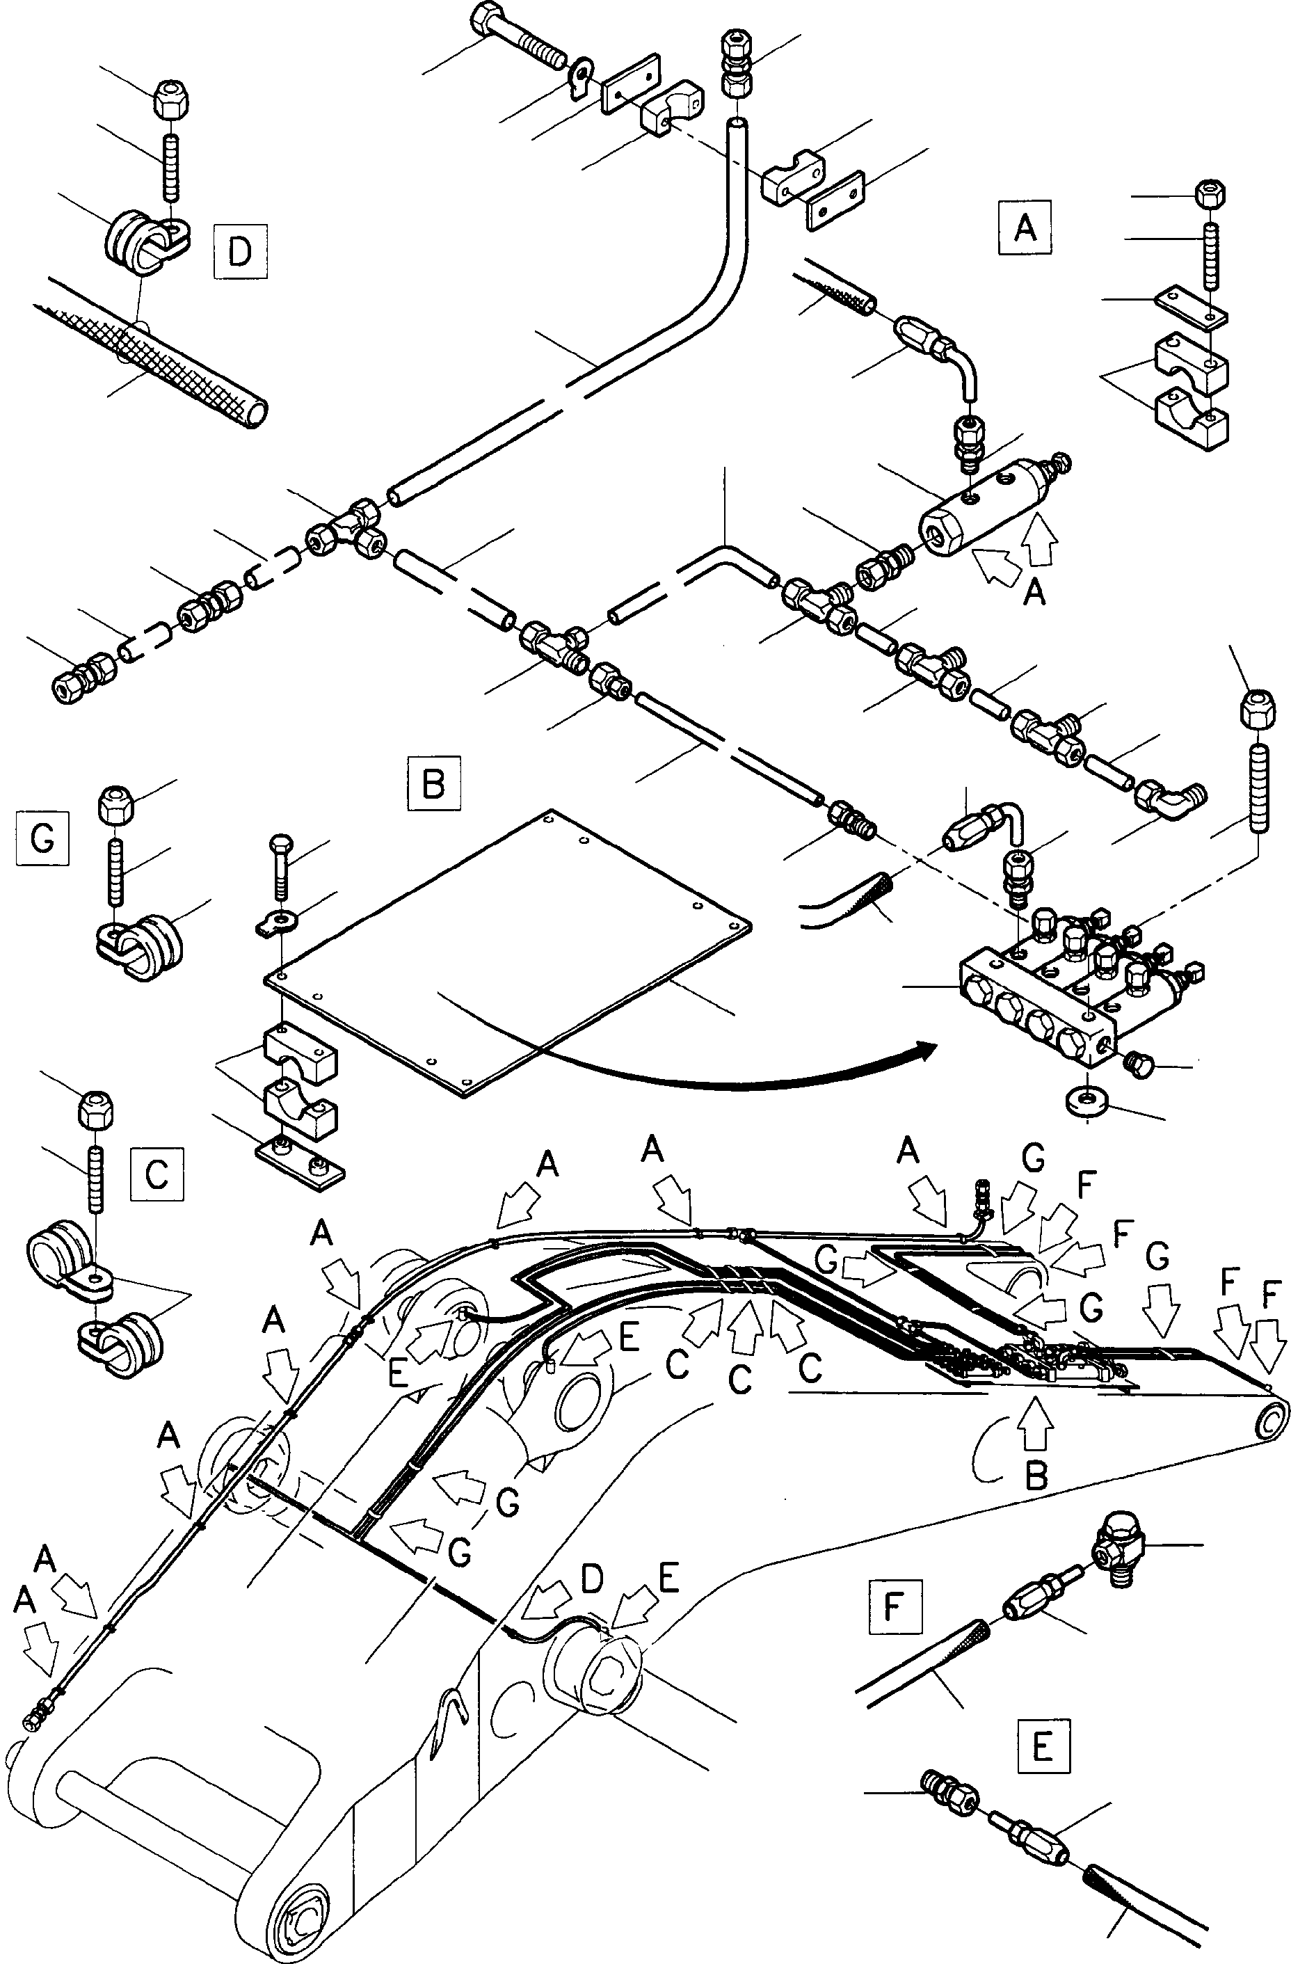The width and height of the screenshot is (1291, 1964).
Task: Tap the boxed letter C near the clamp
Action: [x=157, y=1174]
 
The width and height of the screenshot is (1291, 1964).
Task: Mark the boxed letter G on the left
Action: [x=42, y=838]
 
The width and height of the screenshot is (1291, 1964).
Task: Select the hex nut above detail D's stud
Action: [x=170, y=98]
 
